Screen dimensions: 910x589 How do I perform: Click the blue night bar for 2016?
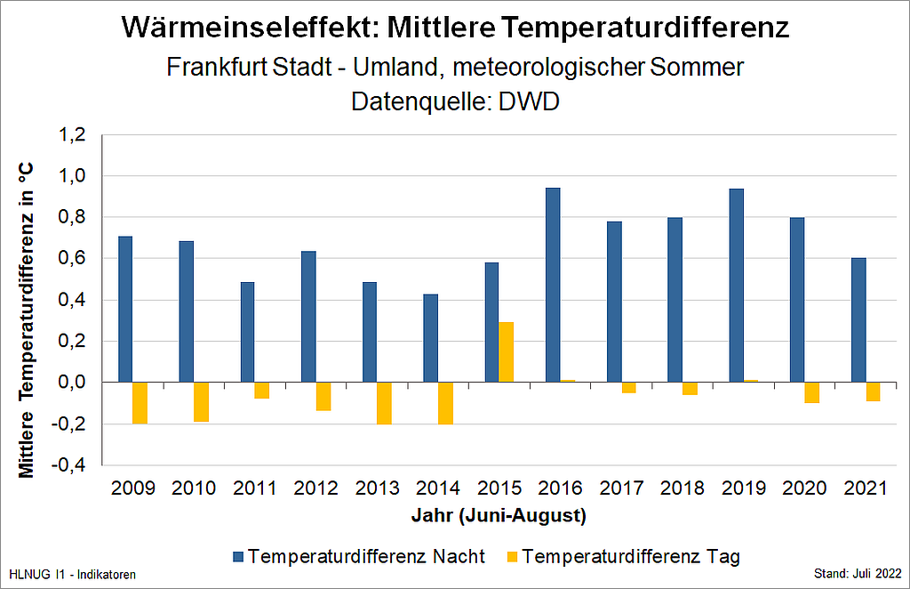tap(553, 285)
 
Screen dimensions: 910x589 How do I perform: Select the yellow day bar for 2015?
tap(506, 352)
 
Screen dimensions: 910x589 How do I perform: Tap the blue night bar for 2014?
tap(431, 338)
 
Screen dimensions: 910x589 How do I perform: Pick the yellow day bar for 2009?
tap(140, 403)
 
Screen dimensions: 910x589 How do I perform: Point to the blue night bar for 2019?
tap(737, 286)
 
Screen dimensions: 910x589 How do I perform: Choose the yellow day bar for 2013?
tap(384, 403)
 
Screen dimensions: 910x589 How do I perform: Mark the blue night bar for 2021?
tap(859, 320)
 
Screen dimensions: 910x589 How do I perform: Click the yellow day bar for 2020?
tap(812, 392)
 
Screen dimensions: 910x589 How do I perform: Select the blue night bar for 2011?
tap(248, 332)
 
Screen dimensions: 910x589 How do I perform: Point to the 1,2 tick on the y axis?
tap(72, 135)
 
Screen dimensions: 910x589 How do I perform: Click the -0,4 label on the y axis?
tap(68, 465)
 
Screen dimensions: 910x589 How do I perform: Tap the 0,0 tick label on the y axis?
tap(72, 383)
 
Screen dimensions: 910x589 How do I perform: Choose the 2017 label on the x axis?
tap(621, 488)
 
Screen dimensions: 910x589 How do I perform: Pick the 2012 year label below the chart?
tap(315, 488)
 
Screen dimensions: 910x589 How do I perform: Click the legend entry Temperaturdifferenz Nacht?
tap(359, 556)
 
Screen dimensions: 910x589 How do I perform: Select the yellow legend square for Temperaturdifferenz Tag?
tap(512, 556)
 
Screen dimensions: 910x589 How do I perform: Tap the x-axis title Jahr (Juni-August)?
tap(499, 516)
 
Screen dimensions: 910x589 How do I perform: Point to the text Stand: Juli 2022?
tap(858, 574)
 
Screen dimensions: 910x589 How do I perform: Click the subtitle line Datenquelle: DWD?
tap(456, 101)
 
